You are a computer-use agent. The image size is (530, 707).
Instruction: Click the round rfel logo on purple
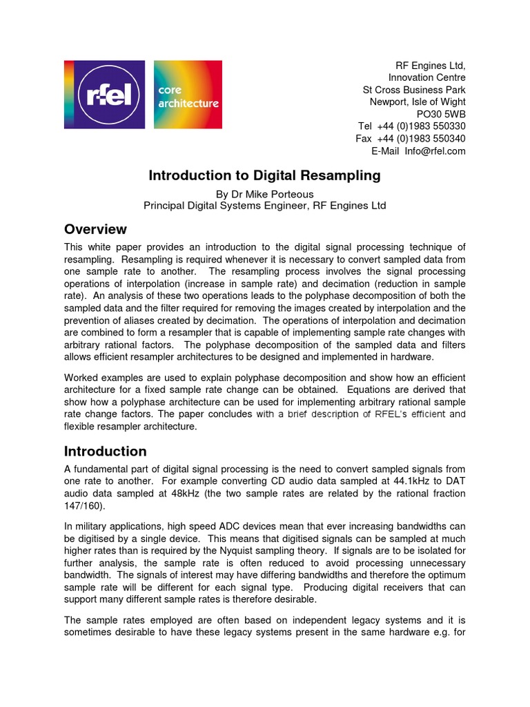(x=105, y=95)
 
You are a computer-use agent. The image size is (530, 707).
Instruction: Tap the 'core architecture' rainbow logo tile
(x=188, y=95)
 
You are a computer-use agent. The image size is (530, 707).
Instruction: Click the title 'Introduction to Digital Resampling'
(x=264, y=175)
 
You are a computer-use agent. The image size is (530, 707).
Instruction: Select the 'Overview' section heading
(x=95, y=229)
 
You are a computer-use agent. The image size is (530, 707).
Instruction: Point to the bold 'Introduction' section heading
(x=105, y=452)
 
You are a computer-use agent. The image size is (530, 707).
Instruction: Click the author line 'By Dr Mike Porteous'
(x=264, y=194)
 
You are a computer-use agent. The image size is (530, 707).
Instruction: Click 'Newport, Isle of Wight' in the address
(x=418, y=102)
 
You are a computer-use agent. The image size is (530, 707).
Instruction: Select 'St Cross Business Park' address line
(x=414, y=90)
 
